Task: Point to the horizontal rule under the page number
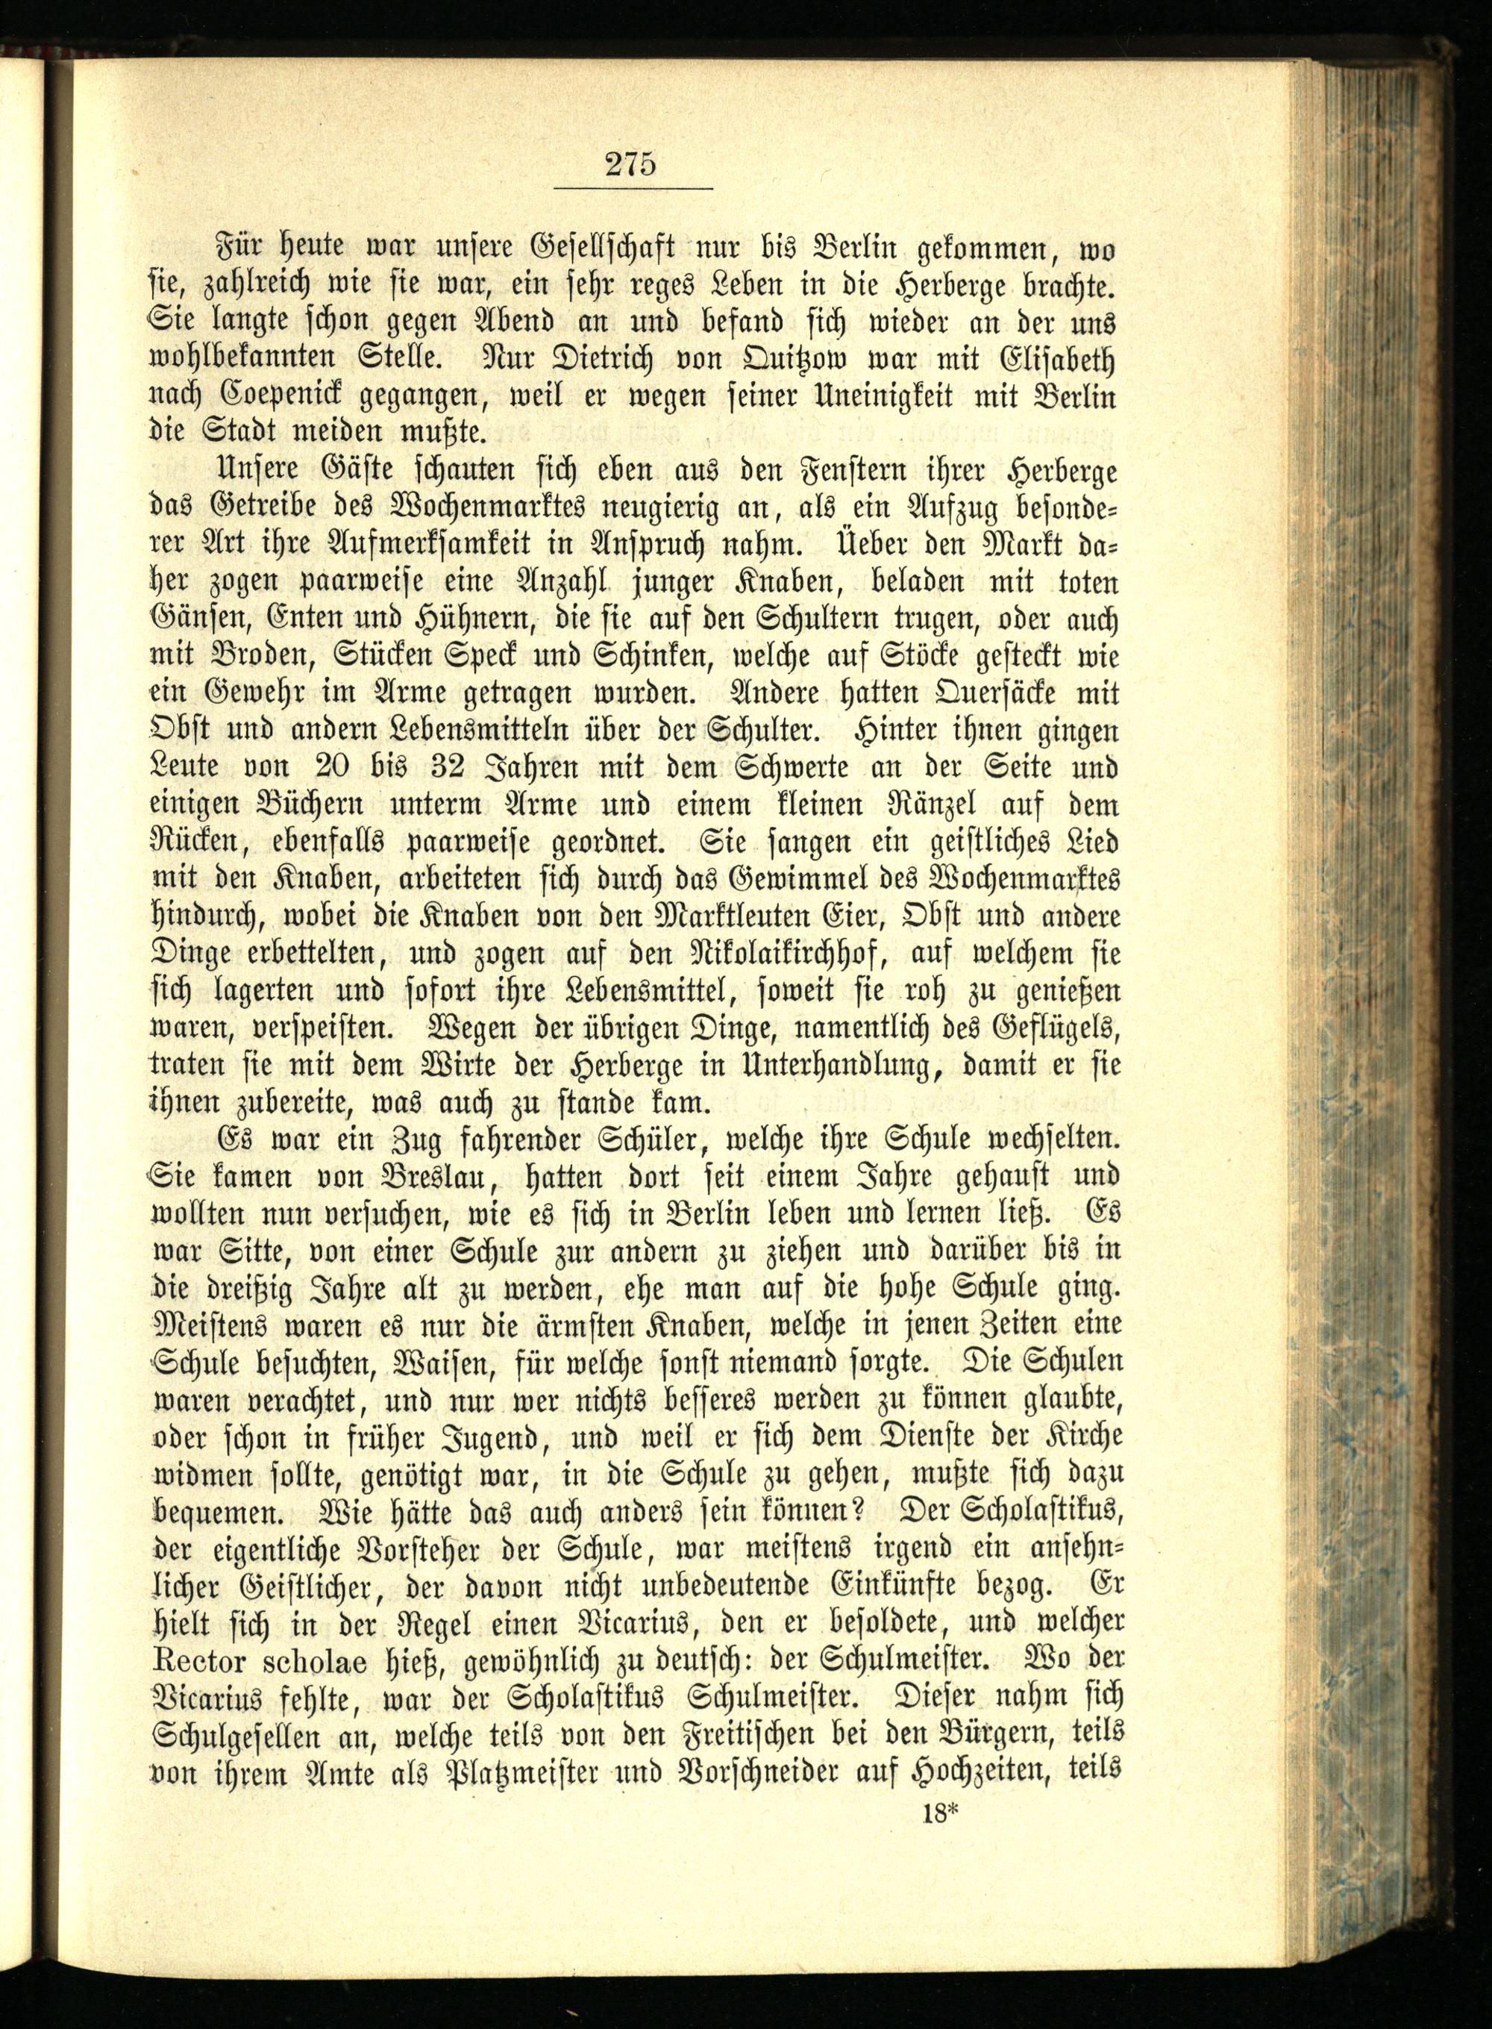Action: pos(632,188)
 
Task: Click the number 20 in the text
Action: pos(338,768)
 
